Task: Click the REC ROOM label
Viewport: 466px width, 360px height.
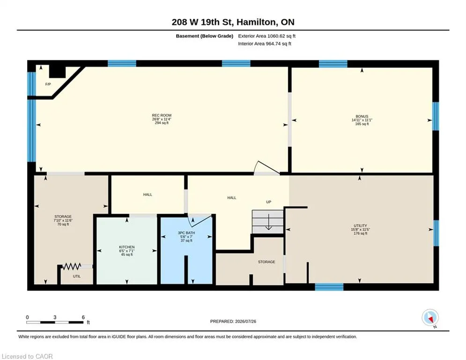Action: pos(162,115)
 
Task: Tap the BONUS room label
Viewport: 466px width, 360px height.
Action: pos(362,116)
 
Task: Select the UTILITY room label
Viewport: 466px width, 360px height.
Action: pos(360,225)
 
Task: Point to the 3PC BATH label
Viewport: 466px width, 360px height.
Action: pos(186,232)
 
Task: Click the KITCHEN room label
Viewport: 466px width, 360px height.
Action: pos(127,247)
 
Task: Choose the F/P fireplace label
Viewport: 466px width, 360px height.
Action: pos(48,84)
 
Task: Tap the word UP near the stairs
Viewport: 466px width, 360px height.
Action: pos(269,202)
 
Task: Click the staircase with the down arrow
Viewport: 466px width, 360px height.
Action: pos(268,222)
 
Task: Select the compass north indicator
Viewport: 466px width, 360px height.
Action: pos(430,318)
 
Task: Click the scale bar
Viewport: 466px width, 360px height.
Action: pos(55,322)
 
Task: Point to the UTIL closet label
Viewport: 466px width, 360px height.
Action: pos(77,276)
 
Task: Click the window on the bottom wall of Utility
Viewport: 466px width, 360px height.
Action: pos(329,287)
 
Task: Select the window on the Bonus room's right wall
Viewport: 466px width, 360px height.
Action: pos(436,116)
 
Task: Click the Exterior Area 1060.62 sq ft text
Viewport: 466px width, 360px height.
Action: pos(266,36)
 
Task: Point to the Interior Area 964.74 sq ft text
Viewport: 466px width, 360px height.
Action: pos(265,44)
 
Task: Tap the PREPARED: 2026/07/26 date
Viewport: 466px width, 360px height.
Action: pos(233,321)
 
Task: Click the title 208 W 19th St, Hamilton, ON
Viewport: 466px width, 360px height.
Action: pos(233,22)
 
